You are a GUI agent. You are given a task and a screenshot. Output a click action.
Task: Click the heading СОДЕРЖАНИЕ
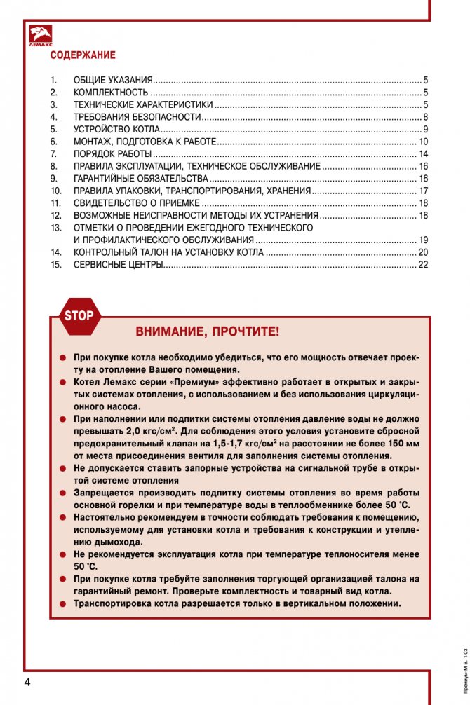click(82, 55)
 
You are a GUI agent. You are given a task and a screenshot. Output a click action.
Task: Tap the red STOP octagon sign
click(79, 315)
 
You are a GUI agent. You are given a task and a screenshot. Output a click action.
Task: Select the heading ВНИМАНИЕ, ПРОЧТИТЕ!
click(206, 331)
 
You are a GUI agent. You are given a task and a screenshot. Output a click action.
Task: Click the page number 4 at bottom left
click(27, 683)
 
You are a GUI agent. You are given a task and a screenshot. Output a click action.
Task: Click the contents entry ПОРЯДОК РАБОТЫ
click(112, 154)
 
